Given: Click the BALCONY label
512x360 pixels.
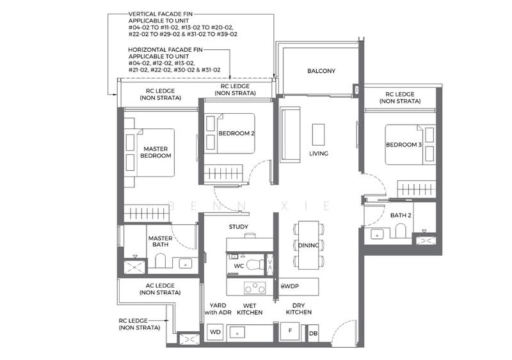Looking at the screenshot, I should click(x=321, y=71).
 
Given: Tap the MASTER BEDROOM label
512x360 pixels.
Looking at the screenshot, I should click(x=156, y=152).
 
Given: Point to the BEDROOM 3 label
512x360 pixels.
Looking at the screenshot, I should click(x=403, y=145).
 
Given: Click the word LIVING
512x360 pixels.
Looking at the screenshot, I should click(x=319, y=153).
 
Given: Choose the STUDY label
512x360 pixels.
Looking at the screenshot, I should click(x=239, y=227).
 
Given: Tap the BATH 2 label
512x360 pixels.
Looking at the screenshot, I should click(x=401, y=215).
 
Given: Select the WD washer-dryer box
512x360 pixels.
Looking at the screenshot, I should click(x=214, y=333).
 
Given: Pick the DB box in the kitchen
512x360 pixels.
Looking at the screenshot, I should click(x=313, y=333).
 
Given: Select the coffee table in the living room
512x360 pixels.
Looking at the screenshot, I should click(x=319, y=135).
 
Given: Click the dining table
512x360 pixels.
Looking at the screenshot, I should click(x=307, y=244).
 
